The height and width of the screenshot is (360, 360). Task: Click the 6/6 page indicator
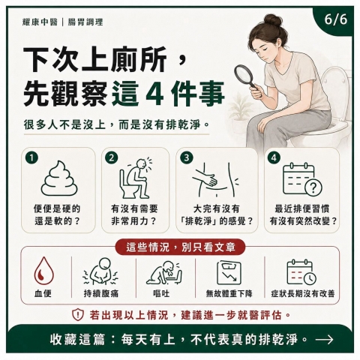click(336, 19)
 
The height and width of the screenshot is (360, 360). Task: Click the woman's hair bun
click(272, 19)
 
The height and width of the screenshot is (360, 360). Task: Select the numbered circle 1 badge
click(31, 157)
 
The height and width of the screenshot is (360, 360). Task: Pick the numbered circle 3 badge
click(187, 157)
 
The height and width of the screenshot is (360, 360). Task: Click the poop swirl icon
click(59, 178)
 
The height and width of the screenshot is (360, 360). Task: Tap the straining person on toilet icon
click(135, 178)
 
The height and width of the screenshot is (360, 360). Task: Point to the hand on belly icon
click(215, 179)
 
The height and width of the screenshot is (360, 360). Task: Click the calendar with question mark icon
click(302, 178)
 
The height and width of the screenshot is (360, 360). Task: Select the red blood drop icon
click(44, 271)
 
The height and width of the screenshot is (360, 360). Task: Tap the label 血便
click(43, 293)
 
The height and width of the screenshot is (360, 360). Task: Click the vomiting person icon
click(164, 272)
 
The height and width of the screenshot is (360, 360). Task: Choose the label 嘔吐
click(161, 293)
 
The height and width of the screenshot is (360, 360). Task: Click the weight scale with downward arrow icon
click(229, 272)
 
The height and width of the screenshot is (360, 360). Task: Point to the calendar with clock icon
click(301, 272)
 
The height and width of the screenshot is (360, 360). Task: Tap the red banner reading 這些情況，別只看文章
click(180, 247)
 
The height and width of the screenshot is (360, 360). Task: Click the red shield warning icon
click(78, 315)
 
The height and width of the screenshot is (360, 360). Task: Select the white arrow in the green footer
click(324, 340)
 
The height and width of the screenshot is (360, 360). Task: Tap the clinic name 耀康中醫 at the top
click(40, 22)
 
